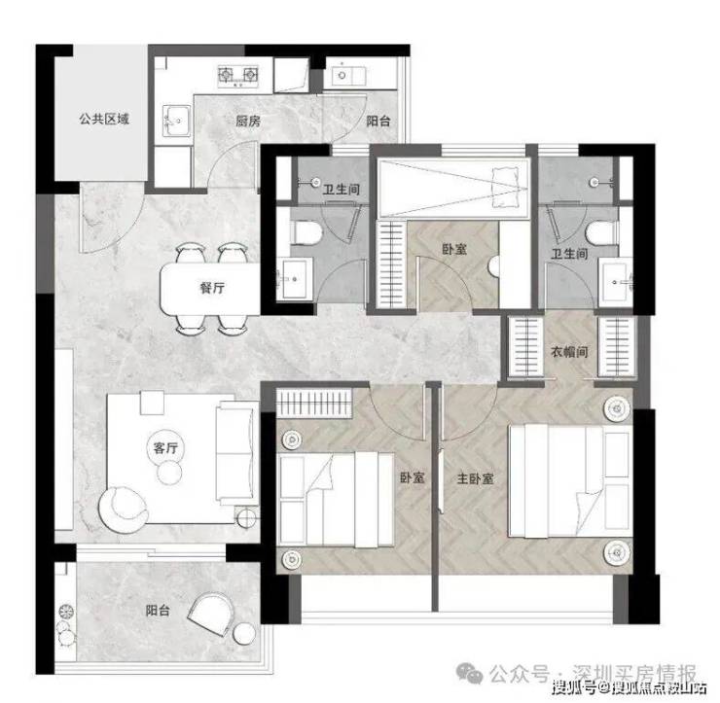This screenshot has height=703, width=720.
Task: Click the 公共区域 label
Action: click(104, 120)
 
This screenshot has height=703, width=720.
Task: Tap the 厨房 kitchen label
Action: click(248, 122)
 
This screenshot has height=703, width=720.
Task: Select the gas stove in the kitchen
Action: click(237, 75)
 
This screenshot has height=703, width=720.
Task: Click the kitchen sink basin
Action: click(176, 121)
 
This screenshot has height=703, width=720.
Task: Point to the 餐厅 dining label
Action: click(212, 288)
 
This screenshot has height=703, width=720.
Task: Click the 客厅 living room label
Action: click(165, 447)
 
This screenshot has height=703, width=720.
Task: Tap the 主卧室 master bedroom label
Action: click(475, 478)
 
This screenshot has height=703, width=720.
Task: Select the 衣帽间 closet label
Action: click(569, 352)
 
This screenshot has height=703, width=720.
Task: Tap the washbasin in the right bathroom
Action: click(616, 279)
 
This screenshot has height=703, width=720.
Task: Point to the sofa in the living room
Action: click(234, 453)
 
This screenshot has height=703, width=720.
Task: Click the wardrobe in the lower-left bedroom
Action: click(314, 404)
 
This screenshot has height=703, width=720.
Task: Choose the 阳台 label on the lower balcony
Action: click(158, 611)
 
